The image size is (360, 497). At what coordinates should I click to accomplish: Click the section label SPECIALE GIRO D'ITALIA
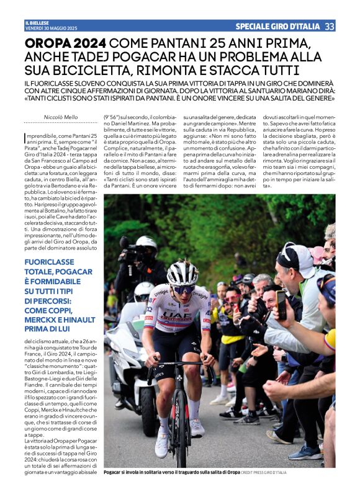tap(277, 26)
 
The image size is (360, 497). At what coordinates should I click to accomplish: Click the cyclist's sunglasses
tap(182, 289)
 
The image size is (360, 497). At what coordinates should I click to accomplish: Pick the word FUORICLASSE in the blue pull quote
tap(51, 263)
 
